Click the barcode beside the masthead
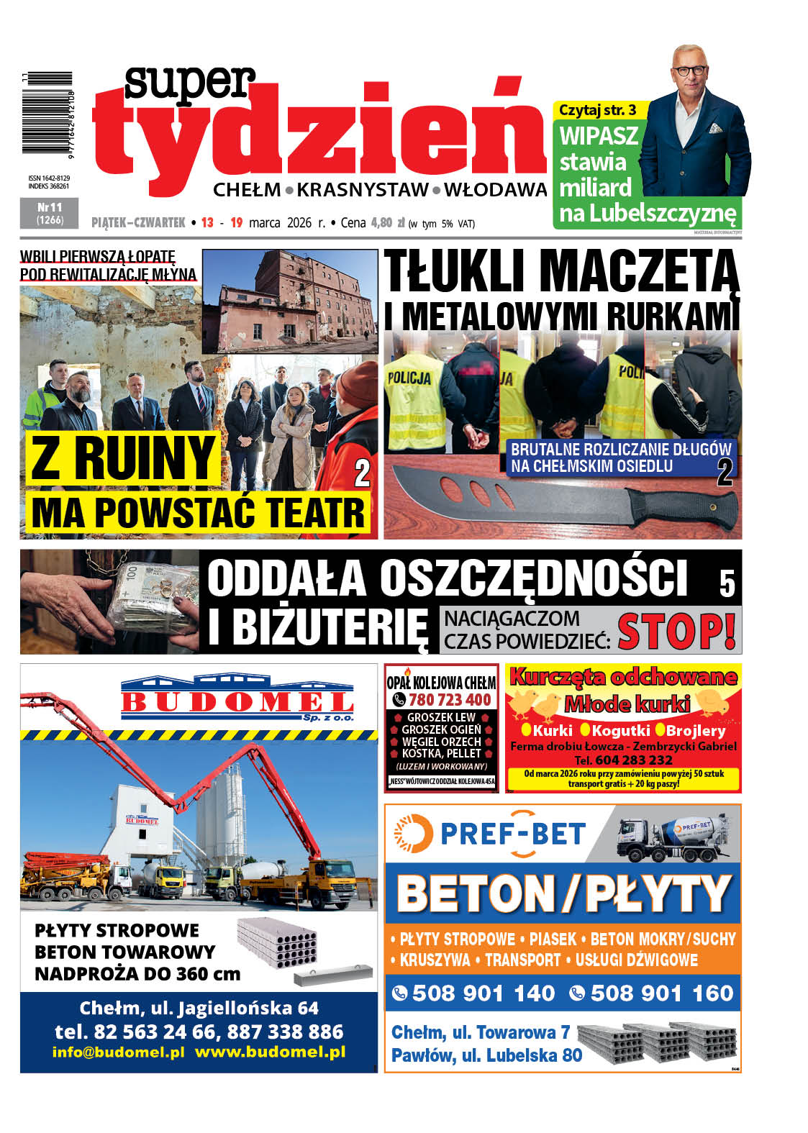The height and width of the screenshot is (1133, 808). pyautogui.click(x=47, y=112)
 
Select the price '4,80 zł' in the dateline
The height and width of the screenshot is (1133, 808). pyautogui.click(x=388, y=223)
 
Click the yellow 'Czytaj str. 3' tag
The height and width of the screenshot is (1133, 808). pyautogui.click(x=597, y=110)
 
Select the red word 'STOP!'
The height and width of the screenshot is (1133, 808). pyautogui.click(x=676, y=630)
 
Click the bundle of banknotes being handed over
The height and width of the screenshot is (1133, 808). pyautogui.click(x=147, y=601)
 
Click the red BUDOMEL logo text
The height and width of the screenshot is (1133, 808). pyautogui.click(x=237, y=701)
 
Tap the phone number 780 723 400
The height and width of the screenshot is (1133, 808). pyautogui.click(x=449, y=700)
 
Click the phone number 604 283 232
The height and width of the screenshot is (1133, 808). pyautogui.click(x=633, y=760)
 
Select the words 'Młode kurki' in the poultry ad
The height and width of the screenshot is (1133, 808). pyautogui.click(x=627, y=704)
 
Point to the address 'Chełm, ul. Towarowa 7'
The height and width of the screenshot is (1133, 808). pyautogui.click(x=480, y=1033)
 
